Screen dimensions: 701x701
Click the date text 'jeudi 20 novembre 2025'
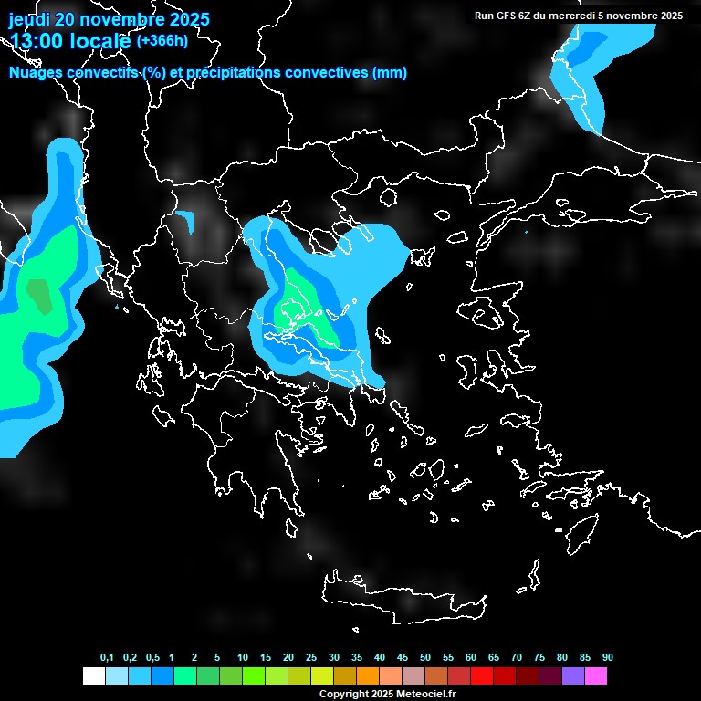(109, 19)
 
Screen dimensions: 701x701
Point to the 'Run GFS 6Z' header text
(507, 16)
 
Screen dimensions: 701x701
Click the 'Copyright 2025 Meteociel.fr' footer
(387, 694)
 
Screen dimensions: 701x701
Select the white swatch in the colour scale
(93, 676)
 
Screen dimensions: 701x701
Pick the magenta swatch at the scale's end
(596, 676)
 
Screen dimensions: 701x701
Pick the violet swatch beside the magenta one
(573, 676)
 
